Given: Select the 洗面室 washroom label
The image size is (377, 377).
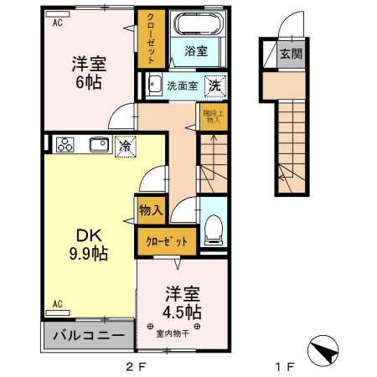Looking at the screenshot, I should [x=182, y=85].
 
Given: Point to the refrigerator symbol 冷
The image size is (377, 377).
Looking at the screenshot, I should [x=123, y=144].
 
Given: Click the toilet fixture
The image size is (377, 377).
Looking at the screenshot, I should [x=214, y=226].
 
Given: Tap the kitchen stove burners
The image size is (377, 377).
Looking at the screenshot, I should [x=65, y=145].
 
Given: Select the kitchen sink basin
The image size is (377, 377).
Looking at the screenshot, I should [x=96, y=144].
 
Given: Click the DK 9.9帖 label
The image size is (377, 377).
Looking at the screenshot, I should [x=88, y=244].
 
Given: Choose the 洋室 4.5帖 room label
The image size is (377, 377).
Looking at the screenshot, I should [x=181, y=302].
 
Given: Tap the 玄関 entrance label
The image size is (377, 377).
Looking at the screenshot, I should [x=291, y=54].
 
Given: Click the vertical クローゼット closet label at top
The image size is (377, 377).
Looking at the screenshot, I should [x=151, y=39].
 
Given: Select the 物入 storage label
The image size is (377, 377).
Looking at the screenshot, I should [x=150, y=210].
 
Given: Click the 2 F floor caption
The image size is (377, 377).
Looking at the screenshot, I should [x=136, y=367].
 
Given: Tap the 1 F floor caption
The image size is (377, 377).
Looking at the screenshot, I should [x=286, y=367].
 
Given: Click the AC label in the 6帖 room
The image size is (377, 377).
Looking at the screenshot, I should [x=58, y=23].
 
